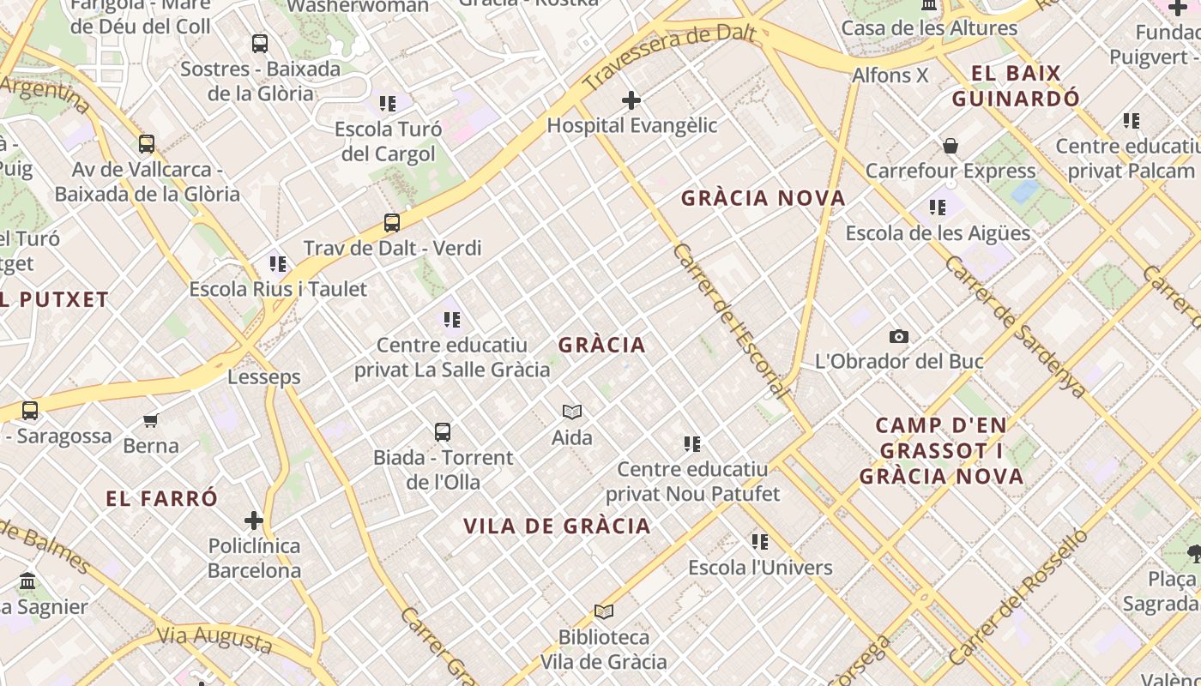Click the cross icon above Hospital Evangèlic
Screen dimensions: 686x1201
coord(631,100)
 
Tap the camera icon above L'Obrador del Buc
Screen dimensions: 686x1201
coord(898,336)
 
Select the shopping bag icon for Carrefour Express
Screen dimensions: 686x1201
coord(951,146)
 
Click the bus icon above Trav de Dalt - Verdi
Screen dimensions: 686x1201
coord(392,223)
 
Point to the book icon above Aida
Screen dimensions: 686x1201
coord(572,412)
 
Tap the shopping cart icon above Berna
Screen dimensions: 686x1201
coord(151,420)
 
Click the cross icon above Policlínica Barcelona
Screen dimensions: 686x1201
coord(254,521)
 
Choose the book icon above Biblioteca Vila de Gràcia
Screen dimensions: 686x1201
coord(604,611)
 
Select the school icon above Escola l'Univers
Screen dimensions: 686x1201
coord(760,542)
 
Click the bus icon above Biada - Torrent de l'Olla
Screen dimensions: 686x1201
coord(443,432)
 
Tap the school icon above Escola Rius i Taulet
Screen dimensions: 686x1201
coord(278,263)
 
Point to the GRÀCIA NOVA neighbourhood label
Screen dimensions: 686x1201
coord(763,198)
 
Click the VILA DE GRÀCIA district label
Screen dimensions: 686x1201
coord(557,526)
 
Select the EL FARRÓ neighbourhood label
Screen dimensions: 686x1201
coord(162,498)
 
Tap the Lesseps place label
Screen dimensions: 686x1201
coord(264,376)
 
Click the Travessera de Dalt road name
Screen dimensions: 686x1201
coord(668,57)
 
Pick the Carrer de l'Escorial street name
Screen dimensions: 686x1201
coord(731,321)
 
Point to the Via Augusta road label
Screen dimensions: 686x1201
coord(214,638)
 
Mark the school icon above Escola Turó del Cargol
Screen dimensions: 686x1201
coord(388,104)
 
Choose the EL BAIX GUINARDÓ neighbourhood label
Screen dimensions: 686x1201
coord(1017,86)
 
